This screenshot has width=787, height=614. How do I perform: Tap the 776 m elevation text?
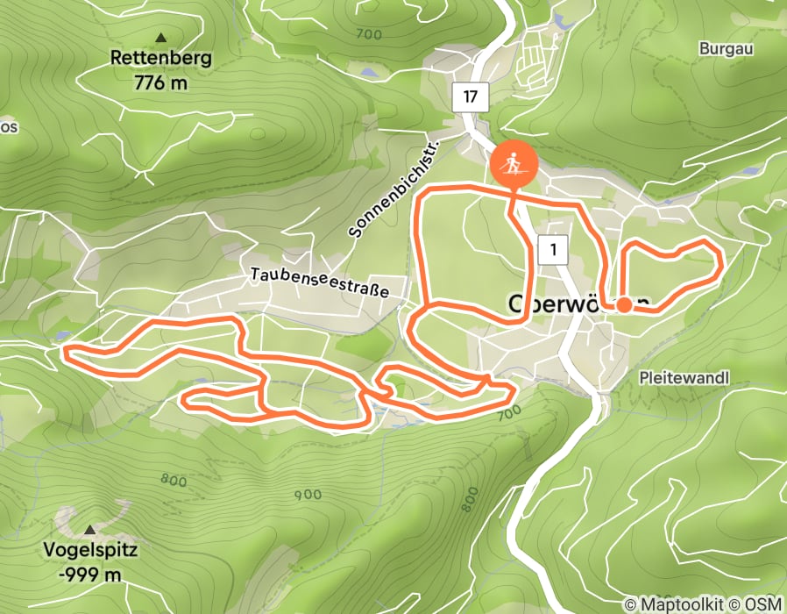(160, 83)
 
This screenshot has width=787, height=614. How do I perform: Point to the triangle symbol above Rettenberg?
(160, 38)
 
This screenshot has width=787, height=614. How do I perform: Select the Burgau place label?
(726, 49)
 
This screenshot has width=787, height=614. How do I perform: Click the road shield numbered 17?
(471, 97)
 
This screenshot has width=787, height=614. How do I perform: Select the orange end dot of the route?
(624, 305)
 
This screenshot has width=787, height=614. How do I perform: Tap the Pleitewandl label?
(684, 377)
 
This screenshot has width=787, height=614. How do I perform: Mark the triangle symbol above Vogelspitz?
(91, 531)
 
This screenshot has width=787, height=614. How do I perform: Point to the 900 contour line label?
(308, 495)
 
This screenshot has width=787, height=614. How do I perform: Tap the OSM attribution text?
(762, 604)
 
